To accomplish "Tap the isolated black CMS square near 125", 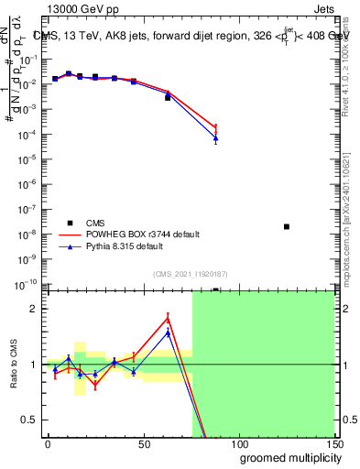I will click(287, 226).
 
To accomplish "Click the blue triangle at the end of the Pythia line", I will click(215, 138).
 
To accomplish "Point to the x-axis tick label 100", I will click(238, 444).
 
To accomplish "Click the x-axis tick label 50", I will click(143, 444).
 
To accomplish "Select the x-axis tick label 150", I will click(333, 444).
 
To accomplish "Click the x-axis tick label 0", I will click(48, 444).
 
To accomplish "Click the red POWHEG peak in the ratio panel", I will click(168, 318).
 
